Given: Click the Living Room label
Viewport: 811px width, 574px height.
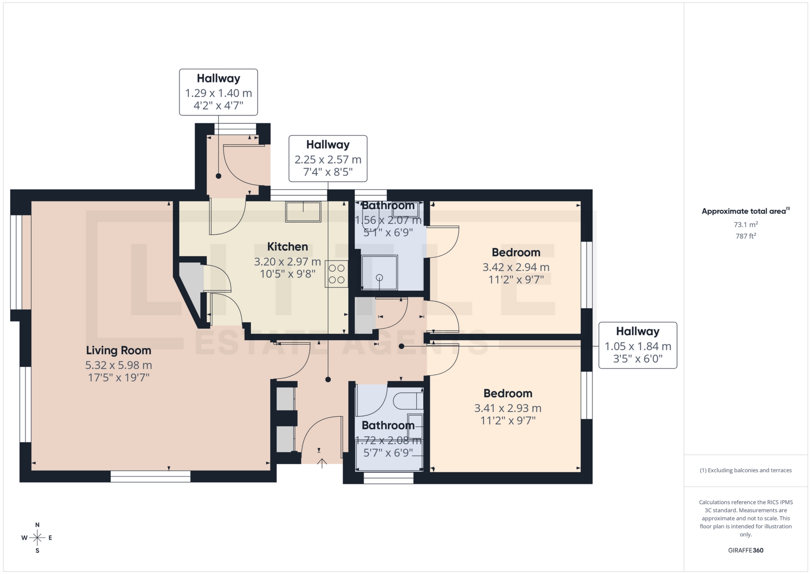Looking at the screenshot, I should tap(118, 350).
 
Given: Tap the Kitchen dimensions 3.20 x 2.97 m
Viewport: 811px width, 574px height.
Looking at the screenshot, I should tap(287, 262).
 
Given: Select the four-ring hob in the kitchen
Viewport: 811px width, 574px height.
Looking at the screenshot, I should tap(336, 274).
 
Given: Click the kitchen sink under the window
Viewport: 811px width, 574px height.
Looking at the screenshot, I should tap(303, 212).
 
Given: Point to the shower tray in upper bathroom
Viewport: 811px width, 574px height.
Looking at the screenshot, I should tap(379, 273).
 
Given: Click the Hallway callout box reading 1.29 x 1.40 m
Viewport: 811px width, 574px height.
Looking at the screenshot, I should tap(218, 92).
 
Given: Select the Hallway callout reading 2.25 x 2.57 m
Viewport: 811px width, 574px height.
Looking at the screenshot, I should tap(328, 159).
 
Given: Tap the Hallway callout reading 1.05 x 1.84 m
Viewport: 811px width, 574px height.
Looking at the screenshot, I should tap(637, 345).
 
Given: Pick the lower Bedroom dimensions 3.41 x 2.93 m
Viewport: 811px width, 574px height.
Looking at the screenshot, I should tap(508, 408).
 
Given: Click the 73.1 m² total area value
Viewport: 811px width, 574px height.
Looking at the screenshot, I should tap(746, 224).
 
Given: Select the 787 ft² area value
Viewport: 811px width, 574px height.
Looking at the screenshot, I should tap(746, 236).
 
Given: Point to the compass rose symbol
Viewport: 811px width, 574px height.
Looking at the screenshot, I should tap(37, 538).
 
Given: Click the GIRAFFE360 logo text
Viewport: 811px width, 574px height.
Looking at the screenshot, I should tap(746, 550).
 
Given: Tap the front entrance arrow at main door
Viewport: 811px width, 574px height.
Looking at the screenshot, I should tap(322, 463).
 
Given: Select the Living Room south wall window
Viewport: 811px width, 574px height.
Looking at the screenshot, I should tap(150, 476).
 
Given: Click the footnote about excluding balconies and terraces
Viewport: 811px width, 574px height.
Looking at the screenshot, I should tap(746, 470).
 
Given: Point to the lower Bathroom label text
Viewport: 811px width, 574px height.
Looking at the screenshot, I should tap(388, 425).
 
